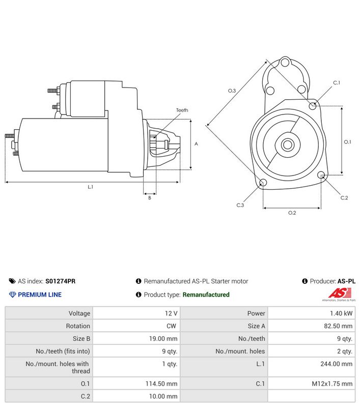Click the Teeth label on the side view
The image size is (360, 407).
point(182,110)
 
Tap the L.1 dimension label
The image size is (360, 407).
point(91,187)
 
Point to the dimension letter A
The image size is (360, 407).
point(196,144)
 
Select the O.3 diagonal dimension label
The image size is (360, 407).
point(232,91)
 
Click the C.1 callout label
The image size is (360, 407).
point(337,82)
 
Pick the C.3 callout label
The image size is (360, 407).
point(240,205)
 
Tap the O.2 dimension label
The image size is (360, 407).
point(292,213)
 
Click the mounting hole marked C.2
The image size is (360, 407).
point(321,175)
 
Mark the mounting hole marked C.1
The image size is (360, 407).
point(313,106)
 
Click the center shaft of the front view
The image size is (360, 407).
point(287,144)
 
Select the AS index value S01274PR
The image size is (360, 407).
point(60,281)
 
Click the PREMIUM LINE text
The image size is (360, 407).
point(40,295)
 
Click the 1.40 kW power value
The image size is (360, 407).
point(341,313)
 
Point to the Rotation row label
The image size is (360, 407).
point(78,326)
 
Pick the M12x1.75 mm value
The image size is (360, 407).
point(332,384)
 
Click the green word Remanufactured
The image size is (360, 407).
point(206,295)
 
